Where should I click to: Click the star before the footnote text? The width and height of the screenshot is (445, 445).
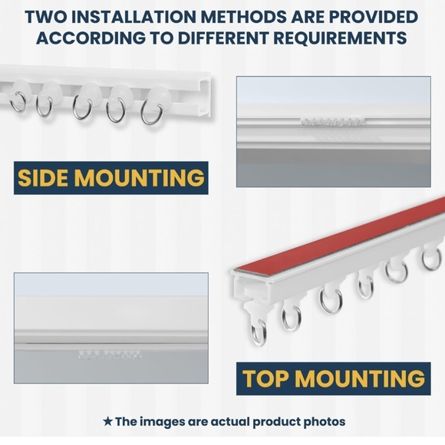pyautogui.click(x=107, y=421)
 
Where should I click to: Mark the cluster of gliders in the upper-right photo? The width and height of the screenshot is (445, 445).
pyautogui.click(x=333, y=122)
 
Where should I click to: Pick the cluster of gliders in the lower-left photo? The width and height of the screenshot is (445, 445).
pyautogui.click(x=110, y=355)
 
